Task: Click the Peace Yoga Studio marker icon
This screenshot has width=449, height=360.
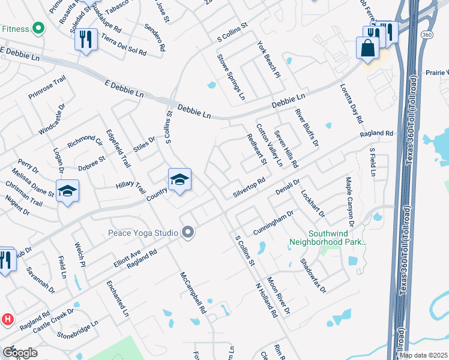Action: [188, 232]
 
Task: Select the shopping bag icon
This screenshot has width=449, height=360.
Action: [367, 47]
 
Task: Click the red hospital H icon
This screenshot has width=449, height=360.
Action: [7, 319]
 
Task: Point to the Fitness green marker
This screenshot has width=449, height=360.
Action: [38, 28]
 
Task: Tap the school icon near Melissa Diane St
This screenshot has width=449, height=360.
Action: [68, 191]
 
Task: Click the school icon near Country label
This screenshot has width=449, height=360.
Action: [179, 179]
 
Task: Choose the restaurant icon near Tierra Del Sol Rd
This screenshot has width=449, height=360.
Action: [86, 40]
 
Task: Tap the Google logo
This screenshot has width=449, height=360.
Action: [20, 352]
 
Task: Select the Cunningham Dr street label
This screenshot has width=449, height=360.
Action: [273, 221]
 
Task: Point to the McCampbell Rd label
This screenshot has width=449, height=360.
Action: [193, 293]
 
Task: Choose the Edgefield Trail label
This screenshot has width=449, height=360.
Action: [118, 148]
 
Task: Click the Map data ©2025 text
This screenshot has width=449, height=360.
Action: [423, 355]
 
